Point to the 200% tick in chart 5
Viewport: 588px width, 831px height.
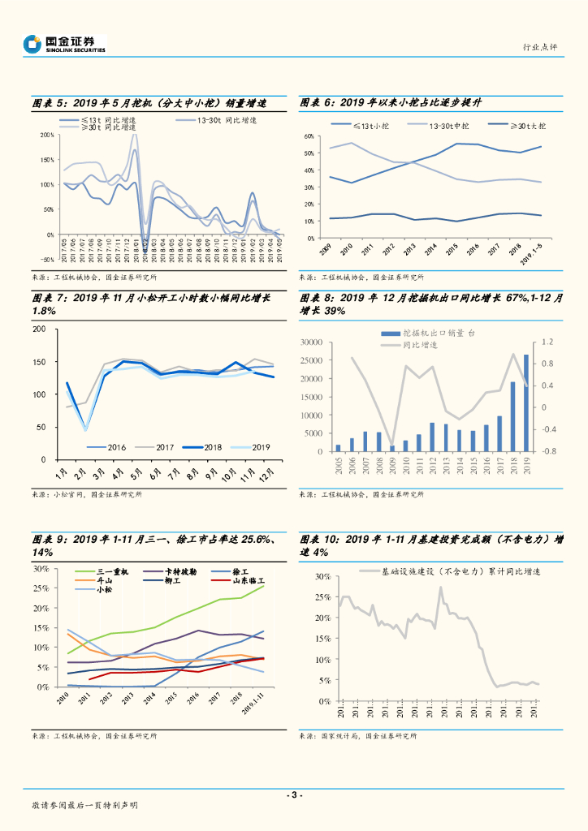46,135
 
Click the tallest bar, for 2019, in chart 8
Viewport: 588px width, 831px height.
525,403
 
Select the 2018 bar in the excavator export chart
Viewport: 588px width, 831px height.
512,416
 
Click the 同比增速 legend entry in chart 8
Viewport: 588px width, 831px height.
420,345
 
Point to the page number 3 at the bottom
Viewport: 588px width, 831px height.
294,794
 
